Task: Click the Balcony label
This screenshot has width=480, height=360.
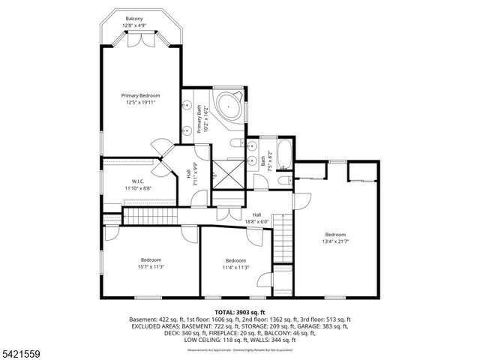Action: [x=134, y=18]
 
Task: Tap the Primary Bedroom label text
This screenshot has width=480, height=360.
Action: [x=141, y=95]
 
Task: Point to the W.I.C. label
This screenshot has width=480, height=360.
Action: [x=138, y=181]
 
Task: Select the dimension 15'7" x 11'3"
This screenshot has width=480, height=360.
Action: [x=151, y=266]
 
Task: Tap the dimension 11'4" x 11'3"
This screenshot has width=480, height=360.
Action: [x=235, y=267]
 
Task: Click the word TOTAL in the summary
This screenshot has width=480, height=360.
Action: [x=226, y=311]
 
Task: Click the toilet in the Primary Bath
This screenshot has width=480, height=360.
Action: [x=235, y=143]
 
